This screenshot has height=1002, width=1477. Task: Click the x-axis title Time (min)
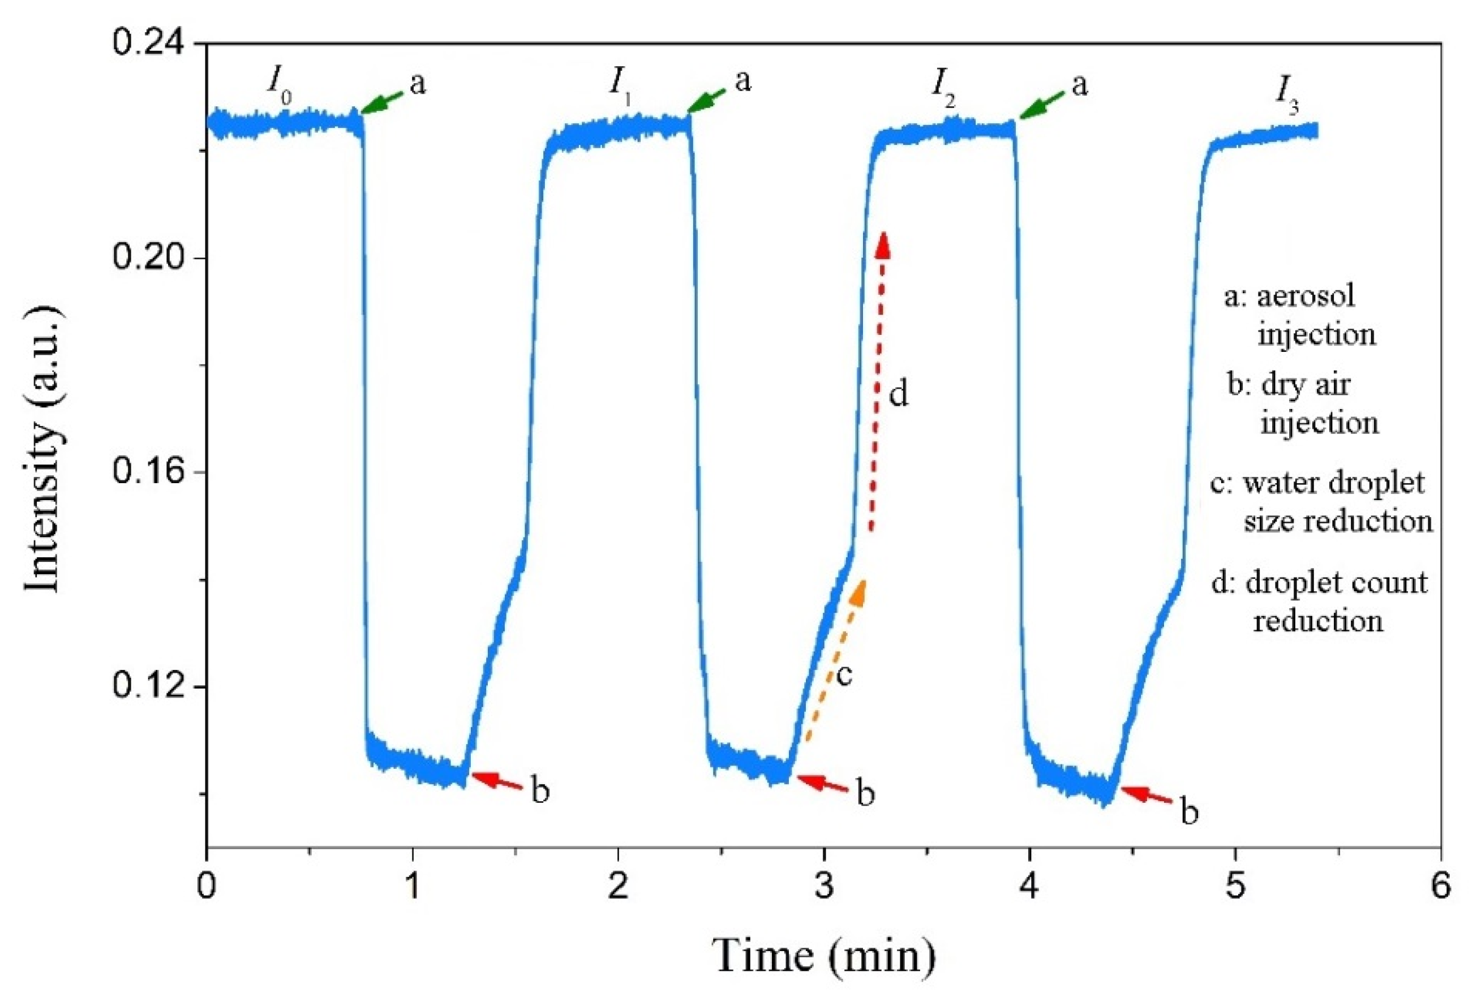pos(825,955)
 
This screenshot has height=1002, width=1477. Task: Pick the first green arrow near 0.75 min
pos(381,102)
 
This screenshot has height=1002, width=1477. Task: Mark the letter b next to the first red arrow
pos(540,792)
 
